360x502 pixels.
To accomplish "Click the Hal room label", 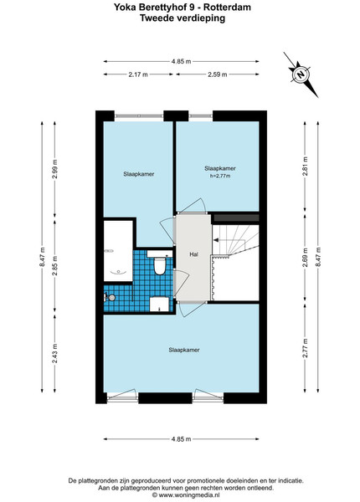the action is tap(193, 254).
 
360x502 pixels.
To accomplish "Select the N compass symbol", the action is tap(301, 74).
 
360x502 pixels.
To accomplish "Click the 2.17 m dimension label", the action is tap(138, 74).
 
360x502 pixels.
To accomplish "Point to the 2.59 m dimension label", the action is tap(218, 74).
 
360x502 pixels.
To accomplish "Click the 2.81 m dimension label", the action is tap(306, 166).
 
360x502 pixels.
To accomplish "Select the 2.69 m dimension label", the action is tap(306, 258).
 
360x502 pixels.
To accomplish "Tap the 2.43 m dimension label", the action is tap(55, 353).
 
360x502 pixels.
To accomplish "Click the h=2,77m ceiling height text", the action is tap(220, 176).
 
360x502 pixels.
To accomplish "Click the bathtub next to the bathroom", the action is tap(118, 251).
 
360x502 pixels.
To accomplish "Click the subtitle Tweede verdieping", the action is tap(183, 18).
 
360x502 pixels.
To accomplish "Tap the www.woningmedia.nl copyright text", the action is tap(186, 495).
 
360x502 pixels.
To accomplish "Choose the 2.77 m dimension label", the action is tap(306, 348).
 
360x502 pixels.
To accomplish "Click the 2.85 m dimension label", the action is tap(55, 266).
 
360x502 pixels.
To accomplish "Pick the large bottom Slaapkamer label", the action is tap(184, 350).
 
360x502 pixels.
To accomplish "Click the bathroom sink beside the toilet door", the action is tap(159, 305).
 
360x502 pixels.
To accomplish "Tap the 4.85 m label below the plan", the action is tap(181, 439).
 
